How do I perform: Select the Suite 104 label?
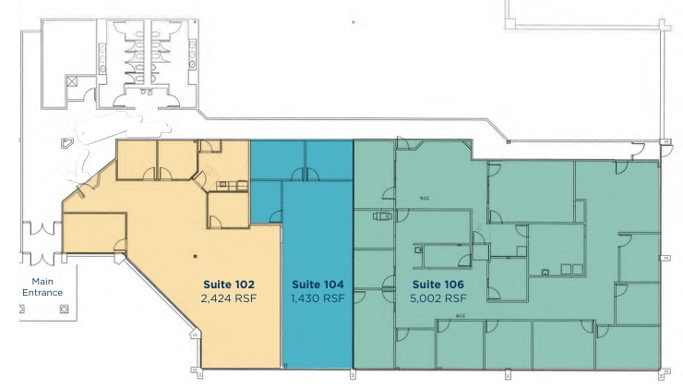pos(318,284)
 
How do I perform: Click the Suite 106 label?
pos(438,284)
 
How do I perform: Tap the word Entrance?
pos(43,292)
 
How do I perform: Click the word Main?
pos(43,281)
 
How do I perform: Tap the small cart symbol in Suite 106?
pos(379,218)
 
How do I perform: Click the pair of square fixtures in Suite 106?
pos(571,270)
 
